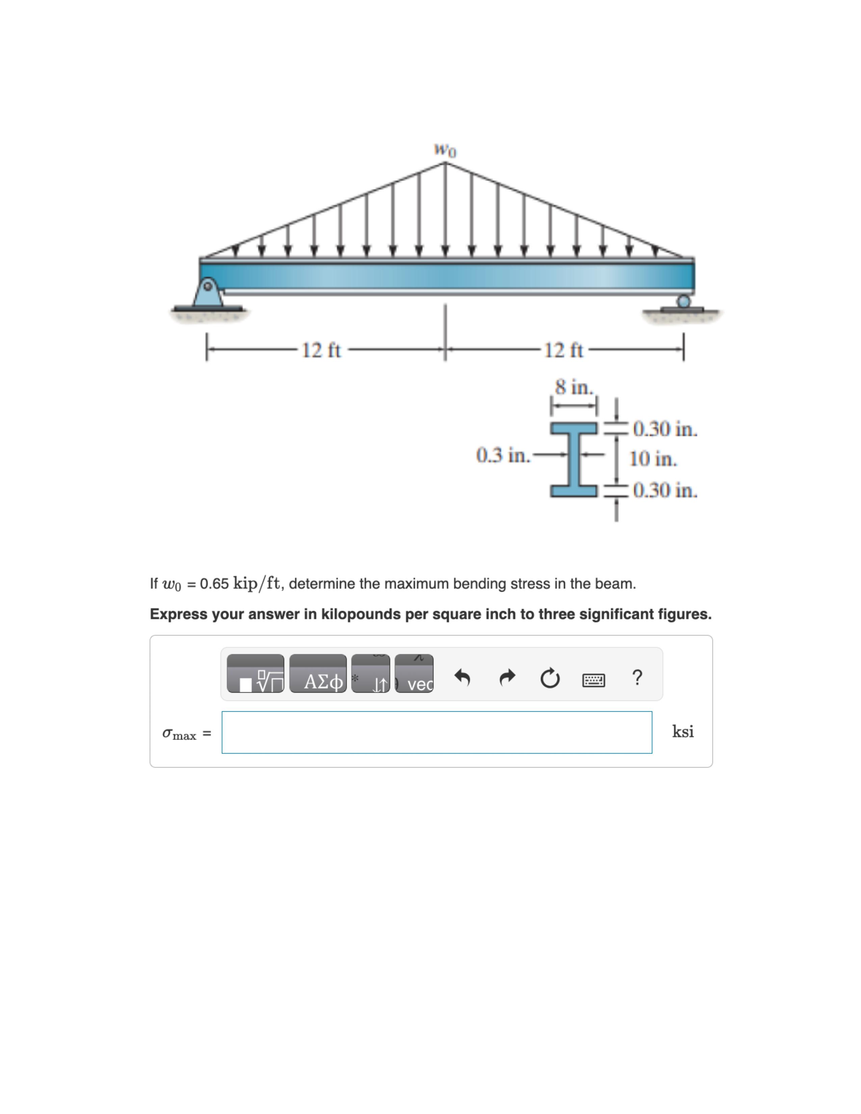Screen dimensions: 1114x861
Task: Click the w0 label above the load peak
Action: [x=445, y=150]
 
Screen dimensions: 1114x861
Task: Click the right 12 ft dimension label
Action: [x=564, y=350]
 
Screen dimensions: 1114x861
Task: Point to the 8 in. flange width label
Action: [x=574, y=387]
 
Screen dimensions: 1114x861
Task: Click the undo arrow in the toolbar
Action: [x=462, y=678]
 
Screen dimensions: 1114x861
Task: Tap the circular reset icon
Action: [x=550, y=679]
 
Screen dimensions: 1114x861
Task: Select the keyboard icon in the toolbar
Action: [x=594, y=680]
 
